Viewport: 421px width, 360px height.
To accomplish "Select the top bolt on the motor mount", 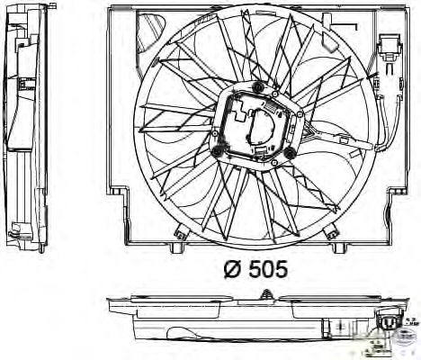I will pyautogui.click(x=260, y=87).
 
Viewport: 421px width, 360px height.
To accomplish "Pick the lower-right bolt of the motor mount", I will pyautogui.click(x=291, y=156).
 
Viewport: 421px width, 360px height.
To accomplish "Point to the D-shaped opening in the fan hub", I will pyautogui.click(x=267, y=125).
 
